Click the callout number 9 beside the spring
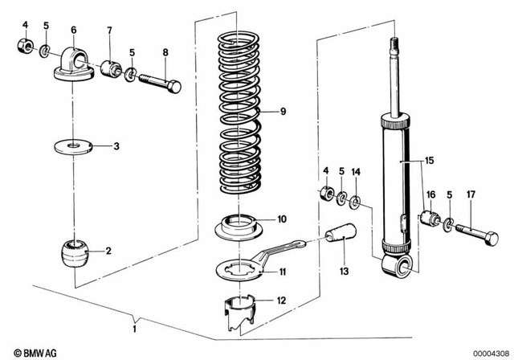point(282,112)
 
